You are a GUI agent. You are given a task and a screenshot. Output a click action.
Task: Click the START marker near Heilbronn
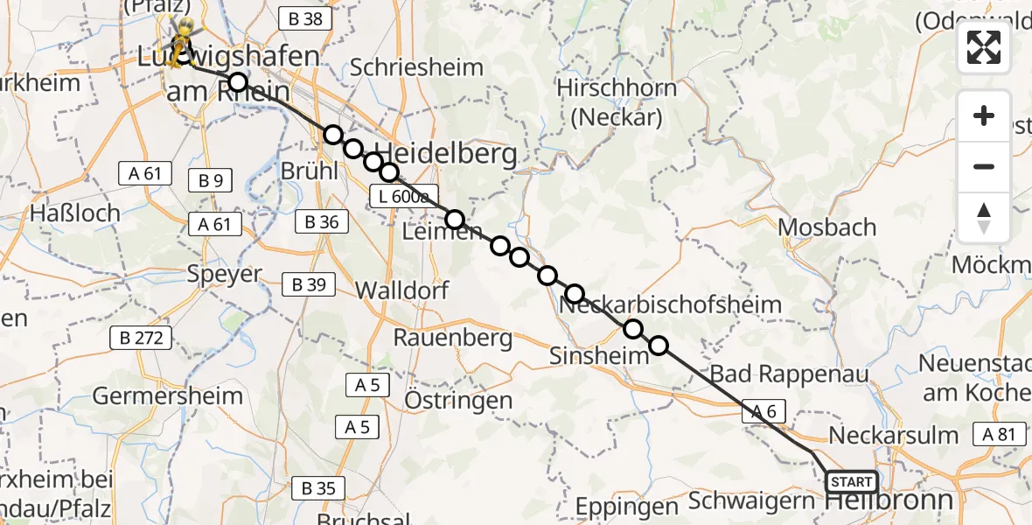pyautogui.click(x=851, y=482)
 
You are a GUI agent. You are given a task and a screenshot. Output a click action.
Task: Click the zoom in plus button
pyautogui.click(x=984, y=115)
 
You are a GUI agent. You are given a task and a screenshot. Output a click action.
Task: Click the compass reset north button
pyautogui.click(x=984, y=217)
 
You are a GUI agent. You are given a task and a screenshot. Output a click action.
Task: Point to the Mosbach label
pyautogui.click(x=826, y=227)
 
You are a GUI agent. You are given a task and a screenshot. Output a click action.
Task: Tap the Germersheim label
pyautogui.click(x=168, y=395)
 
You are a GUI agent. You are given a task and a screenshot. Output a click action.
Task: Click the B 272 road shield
pyautogui.click(x=141, y=338)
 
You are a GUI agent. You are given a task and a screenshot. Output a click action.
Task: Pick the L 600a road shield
pyautogui.click(x=401, y=197)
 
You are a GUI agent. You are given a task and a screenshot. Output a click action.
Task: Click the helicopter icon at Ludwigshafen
pyautogui.click(x=181, y=41)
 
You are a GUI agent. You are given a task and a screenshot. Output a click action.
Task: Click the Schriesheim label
pyautogui.click(x=415, y=67)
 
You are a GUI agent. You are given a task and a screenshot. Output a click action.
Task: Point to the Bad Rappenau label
pyautogui.click(x=789, y=374)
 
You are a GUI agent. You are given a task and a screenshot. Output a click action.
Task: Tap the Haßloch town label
pyautogui.click(x=68, y=213)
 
